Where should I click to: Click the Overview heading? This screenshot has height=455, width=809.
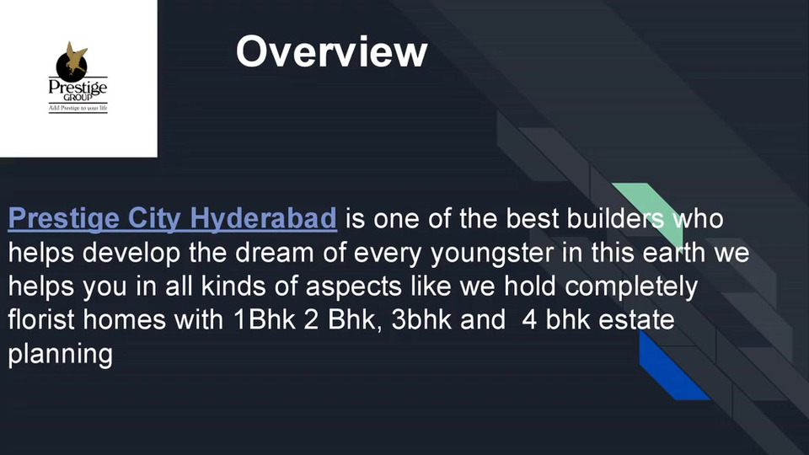332,51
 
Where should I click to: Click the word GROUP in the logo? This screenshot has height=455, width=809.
78,97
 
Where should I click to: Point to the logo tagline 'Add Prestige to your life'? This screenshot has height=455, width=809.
78,108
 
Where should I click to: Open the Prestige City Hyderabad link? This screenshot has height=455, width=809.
172,218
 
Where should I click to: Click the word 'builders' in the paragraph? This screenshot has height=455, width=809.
615,218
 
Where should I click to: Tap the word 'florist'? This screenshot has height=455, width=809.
41,319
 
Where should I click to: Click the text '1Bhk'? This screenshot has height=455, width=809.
264,319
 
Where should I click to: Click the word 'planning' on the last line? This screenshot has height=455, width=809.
61,355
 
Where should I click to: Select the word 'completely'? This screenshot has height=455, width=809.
631,286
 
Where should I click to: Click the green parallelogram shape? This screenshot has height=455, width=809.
650,212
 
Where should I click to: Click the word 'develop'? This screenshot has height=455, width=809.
131,254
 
